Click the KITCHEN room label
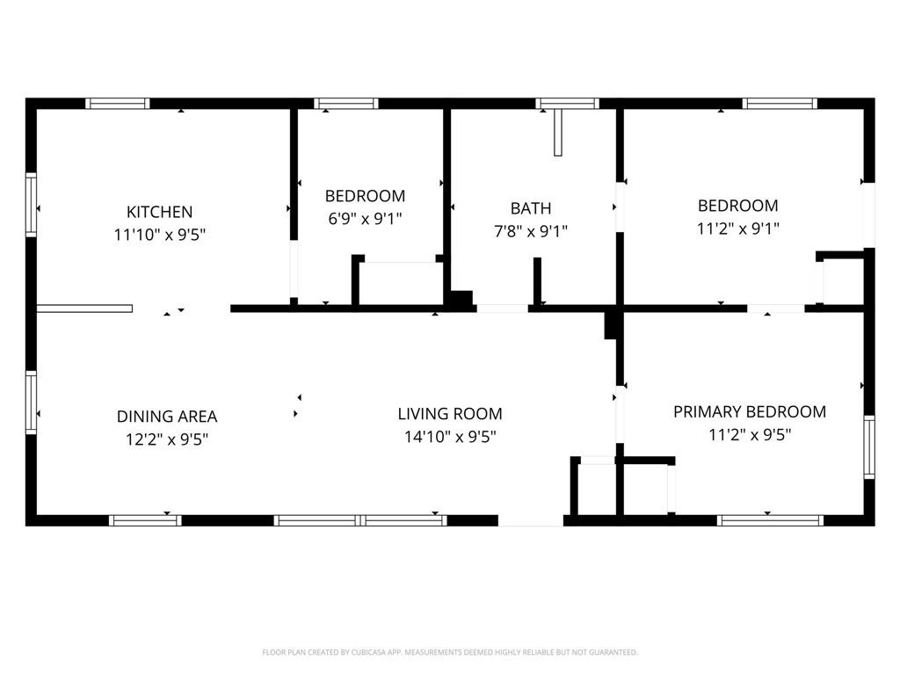160,212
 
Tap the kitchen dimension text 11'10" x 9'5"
160,235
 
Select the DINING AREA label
167,416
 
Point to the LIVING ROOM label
450,414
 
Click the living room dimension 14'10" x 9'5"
450,437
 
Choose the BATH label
531,208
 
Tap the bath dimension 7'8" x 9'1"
531,231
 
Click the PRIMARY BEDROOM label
750,411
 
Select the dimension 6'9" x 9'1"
365,219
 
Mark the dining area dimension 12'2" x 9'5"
167,439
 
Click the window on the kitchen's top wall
118,104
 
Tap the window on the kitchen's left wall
31,205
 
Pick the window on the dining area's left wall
31,403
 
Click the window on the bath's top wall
568,104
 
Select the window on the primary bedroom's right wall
869,447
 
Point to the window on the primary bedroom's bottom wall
770,520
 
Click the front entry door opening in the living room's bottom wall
531,520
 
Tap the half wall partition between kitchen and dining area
84,308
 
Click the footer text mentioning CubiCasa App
450,652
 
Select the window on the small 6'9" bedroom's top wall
346,104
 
